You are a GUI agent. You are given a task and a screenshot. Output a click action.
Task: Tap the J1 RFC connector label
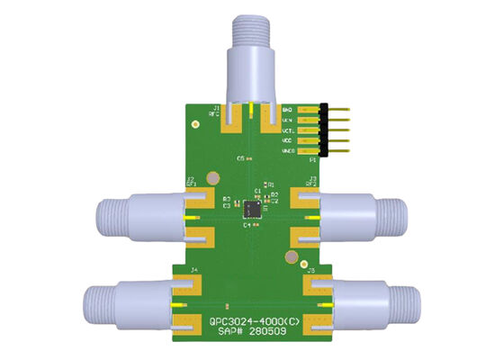click(x=215, y=111)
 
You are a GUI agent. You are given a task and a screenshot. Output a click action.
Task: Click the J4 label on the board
click(x=193, y=270)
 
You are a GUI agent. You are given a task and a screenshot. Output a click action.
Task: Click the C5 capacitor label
click(x=241, y=157)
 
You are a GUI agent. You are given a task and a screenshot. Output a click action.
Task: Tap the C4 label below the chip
click(x=246, y=225)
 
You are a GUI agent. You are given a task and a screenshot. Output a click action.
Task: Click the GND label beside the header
click(x=289, y=109)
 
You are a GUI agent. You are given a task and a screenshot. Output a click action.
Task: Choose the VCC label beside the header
click(x=289, y=140)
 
